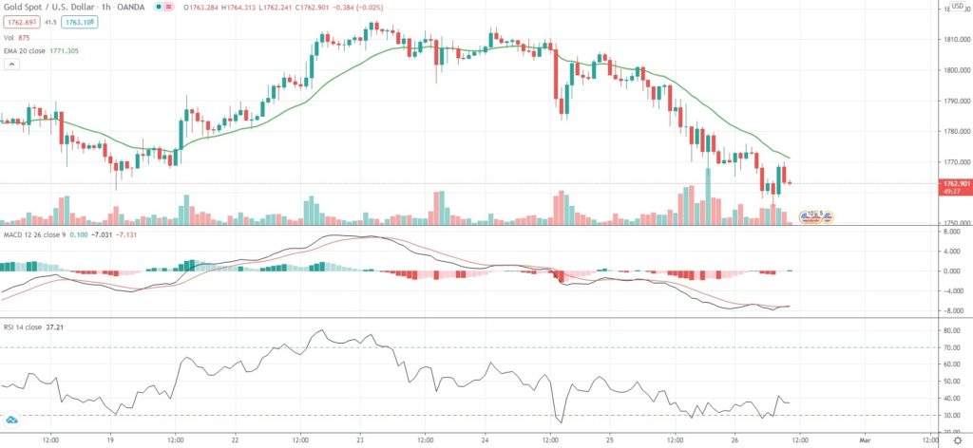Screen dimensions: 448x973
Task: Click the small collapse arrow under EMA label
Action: tap(11, 65)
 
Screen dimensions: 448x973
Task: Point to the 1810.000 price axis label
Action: tap(951, 39)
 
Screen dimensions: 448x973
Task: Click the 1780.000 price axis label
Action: tap(951, 131)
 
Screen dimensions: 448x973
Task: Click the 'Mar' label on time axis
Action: tap(865, 441)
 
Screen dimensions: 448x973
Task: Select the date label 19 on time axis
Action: tap(112, 441)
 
